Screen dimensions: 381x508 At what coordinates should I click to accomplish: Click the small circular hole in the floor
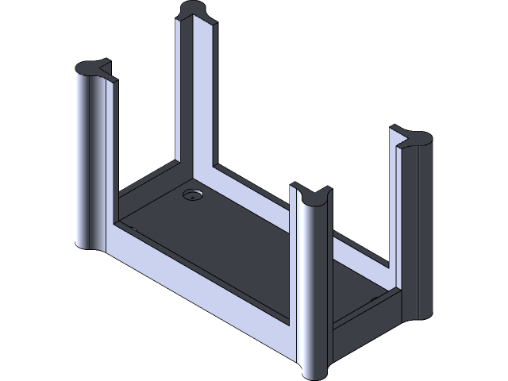pyautogui.click(x=192, y=194)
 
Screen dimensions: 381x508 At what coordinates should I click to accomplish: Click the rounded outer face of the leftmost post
pyautogui.click(x=86, y=159)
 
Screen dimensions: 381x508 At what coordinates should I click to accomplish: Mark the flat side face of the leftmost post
pyautogui.click(x=109, y=159)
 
